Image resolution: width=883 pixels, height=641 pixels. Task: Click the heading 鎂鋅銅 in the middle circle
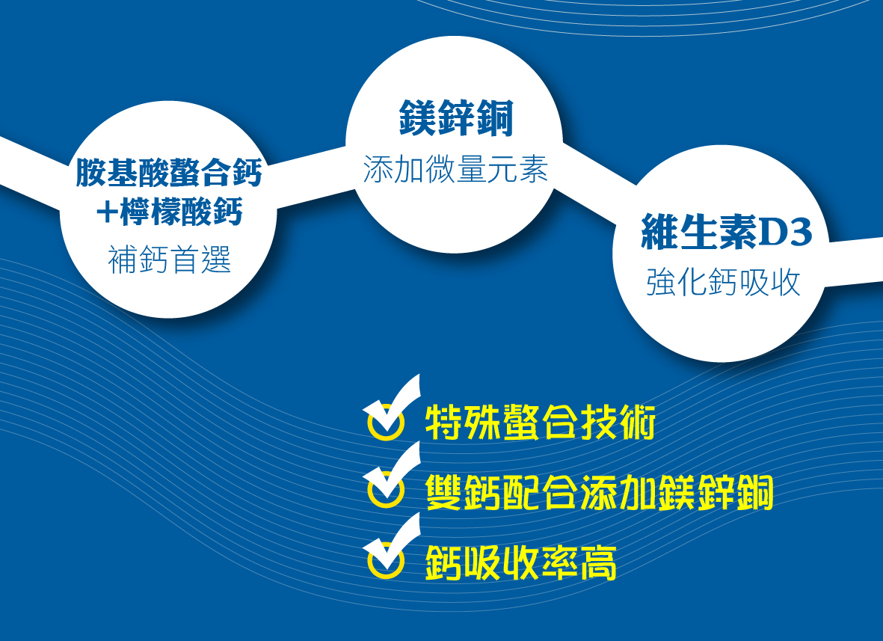tap(456, 118)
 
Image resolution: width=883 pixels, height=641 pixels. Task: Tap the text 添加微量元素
tap(455, 169)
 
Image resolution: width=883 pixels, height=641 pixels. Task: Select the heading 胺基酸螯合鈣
tap(169, 172)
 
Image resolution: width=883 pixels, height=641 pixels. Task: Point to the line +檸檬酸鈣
tap(169, 212)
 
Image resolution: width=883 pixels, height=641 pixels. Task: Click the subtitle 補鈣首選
tap(170, 260)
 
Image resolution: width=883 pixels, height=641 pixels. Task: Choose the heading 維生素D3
tap(727, 232)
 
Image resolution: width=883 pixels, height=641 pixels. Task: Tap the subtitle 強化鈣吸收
tap(723, 282)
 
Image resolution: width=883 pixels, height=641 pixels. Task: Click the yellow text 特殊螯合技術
tap(540, 422)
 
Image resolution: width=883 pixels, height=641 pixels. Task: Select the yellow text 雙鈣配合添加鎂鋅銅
tap(599, 492)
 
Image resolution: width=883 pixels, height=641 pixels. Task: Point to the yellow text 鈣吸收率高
tap(521, 562)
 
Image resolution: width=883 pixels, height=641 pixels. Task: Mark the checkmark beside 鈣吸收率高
tap(391, 546)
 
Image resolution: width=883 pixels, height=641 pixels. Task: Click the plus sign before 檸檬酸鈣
tap(106, 212)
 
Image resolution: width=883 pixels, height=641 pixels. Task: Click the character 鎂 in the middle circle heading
tap(418, 118)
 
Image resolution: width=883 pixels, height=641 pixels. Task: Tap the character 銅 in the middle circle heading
tap(495, 118)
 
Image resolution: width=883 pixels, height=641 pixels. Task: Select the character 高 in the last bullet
tap(599, 562)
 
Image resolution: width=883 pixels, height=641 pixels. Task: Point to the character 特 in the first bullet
tap(444, 422)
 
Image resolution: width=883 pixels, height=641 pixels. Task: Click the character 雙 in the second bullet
tap(444, 492)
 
